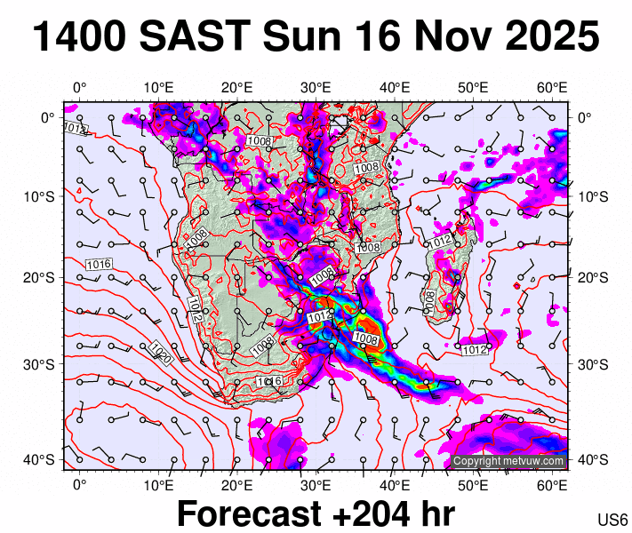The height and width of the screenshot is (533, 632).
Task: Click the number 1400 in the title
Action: click(77, 37)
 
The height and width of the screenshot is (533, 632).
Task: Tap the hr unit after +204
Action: click(434, 514)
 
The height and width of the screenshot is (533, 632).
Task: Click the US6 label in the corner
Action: click(613, 520)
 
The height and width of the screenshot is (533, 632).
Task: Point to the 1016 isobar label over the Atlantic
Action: click(99, 264)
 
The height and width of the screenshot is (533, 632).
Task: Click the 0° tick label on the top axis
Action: click(79, 87)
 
